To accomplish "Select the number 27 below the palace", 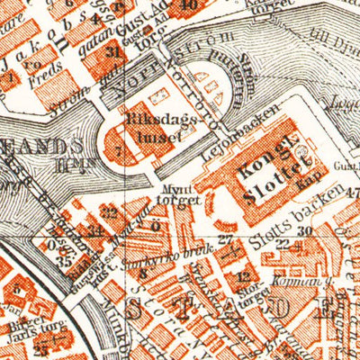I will tap(224, 238).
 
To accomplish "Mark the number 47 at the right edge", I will tap(350, 191).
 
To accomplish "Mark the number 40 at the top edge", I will tap(188, 4).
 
